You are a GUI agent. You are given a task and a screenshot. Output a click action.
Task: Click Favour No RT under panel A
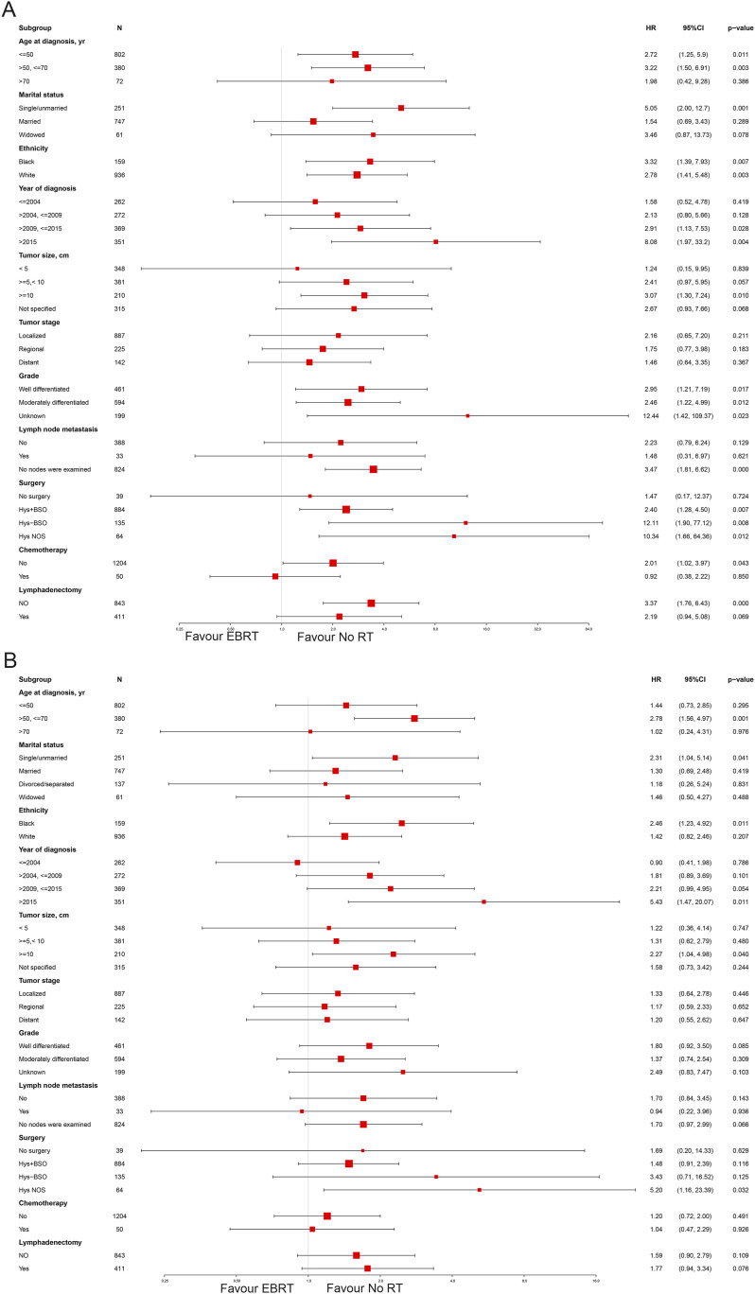pos(335,637)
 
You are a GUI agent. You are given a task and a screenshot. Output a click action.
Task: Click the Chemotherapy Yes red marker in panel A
pos(275,576)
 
